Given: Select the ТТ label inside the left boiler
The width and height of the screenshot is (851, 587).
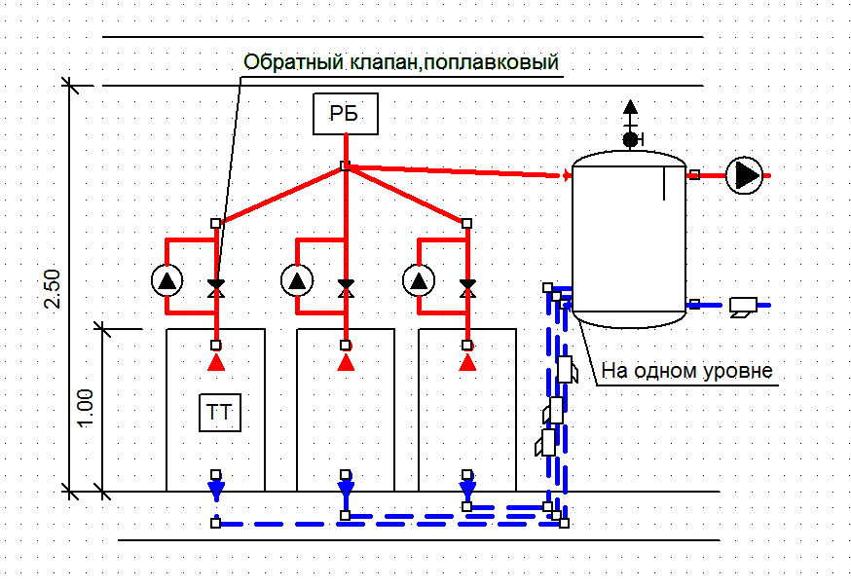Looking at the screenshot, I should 219,411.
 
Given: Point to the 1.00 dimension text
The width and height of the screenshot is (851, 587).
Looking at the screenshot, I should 85,408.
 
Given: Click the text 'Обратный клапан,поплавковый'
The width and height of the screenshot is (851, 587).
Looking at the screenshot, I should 401,62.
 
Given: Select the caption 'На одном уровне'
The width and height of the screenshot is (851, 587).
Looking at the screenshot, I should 686,371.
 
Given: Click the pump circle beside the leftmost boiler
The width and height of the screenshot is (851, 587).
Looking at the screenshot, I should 167,281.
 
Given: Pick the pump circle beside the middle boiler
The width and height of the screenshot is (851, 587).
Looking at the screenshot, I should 297,281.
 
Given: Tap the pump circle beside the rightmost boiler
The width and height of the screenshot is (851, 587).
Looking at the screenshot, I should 419,281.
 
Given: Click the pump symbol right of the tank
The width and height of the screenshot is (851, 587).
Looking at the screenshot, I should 746,176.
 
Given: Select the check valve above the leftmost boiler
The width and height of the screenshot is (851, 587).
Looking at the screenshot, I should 216,287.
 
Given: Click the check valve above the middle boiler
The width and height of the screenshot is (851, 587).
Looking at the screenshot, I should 346,287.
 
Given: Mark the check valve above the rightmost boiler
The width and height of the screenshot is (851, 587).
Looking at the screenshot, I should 467,287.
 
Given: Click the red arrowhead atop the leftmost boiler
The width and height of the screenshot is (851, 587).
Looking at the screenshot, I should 216,362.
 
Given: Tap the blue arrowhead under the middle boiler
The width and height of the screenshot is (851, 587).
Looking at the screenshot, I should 346,488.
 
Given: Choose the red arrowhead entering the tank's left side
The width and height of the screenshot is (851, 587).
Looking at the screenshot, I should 567,175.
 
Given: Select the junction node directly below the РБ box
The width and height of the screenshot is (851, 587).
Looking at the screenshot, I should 344,166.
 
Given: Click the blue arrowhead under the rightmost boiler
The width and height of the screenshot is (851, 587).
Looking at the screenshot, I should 467,488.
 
